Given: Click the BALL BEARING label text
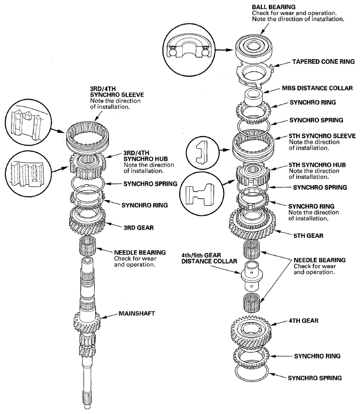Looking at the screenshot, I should [270, 6].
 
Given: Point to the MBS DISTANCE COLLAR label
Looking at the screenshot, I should [316, 88].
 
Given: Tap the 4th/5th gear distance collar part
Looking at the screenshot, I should [252, 275].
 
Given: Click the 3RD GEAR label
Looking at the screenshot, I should [132, 227].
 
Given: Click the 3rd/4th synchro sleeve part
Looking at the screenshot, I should [87, 136].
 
